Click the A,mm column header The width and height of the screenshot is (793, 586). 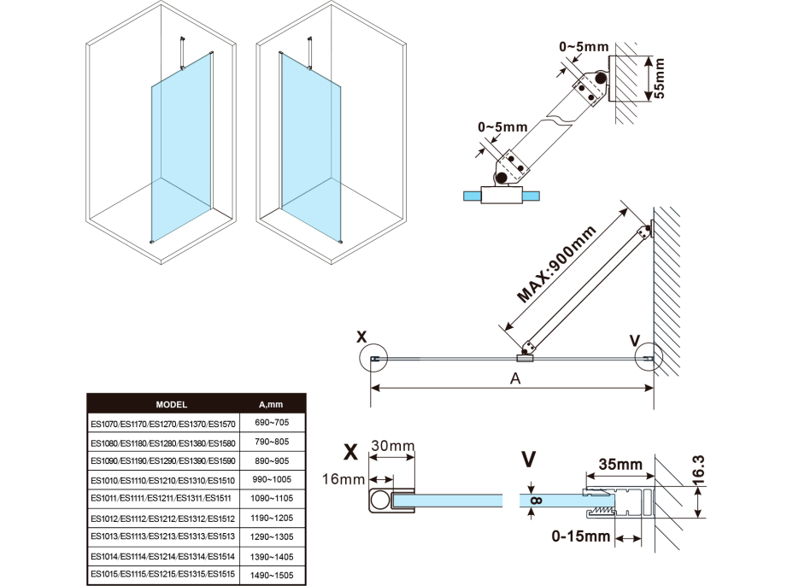(270, 405)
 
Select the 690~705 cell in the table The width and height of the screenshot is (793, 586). (270, 422)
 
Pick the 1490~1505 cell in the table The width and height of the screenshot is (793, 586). (270, 575)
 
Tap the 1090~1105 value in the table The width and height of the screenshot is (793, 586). (270, 498)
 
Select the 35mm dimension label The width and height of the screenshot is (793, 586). (620, 465)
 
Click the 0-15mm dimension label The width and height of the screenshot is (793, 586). (580, 537)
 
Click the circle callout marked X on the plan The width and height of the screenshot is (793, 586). (374, 360)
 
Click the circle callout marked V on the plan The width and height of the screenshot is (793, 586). (650, 360)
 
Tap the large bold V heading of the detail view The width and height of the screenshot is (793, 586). (530, 458)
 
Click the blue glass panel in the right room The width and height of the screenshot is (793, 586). (312, 145)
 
